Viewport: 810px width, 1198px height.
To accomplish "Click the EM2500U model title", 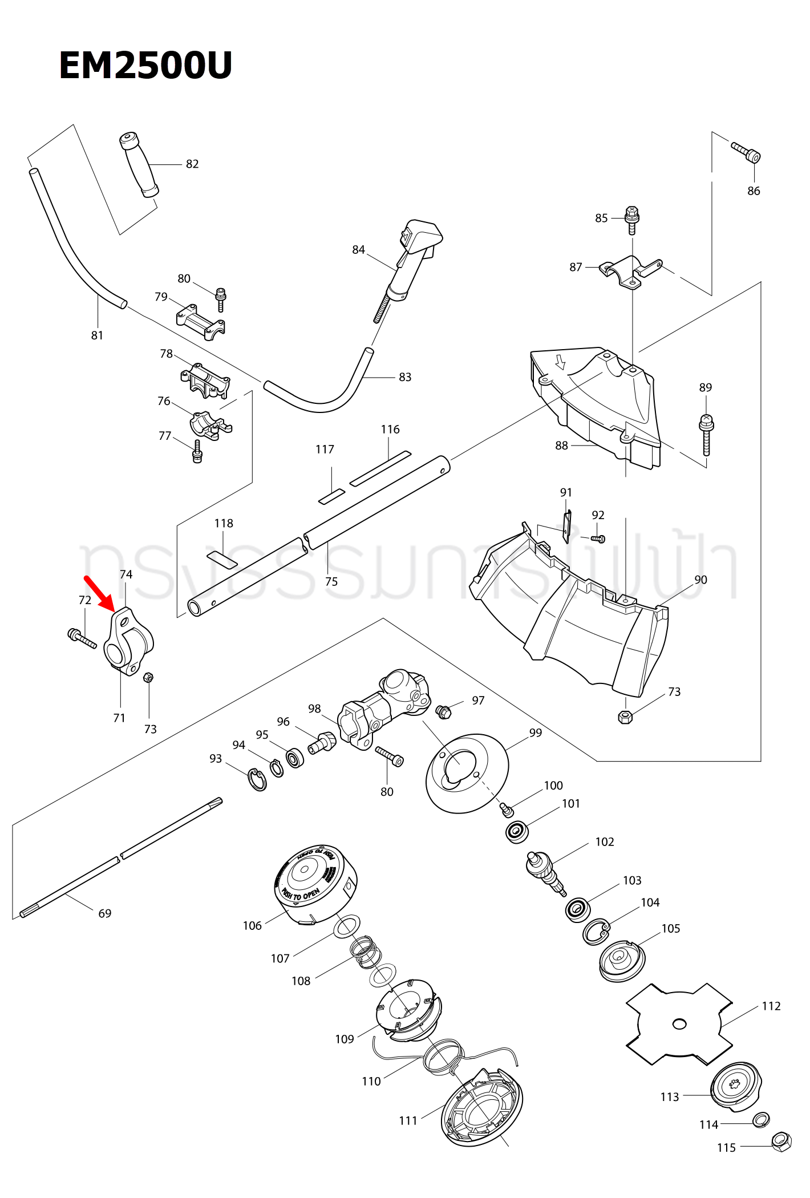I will (145, 66).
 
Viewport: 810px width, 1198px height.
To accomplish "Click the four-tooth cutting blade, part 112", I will (679, 1023).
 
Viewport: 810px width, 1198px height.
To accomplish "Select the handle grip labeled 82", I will (139, 165).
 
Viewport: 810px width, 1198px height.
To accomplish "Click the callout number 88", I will (561, 446).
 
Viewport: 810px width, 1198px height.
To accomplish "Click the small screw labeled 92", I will (598, 538).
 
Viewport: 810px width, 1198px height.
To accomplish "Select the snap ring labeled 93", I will (258, 780).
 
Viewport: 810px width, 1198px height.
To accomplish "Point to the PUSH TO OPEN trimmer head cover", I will (315, 883).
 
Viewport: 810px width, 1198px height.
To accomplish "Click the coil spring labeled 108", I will (365, 953).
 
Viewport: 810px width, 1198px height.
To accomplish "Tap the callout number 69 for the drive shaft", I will (105, 913).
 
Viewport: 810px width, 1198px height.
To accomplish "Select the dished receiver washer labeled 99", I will (466, 773).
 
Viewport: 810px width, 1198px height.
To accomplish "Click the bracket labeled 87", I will (630, 272).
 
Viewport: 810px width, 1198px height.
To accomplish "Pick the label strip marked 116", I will (380, 468).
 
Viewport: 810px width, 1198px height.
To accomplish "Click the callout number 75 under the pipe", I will (331, 581).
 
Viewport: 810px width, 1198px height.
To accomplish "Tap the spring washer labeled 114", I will (761, 1119).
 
